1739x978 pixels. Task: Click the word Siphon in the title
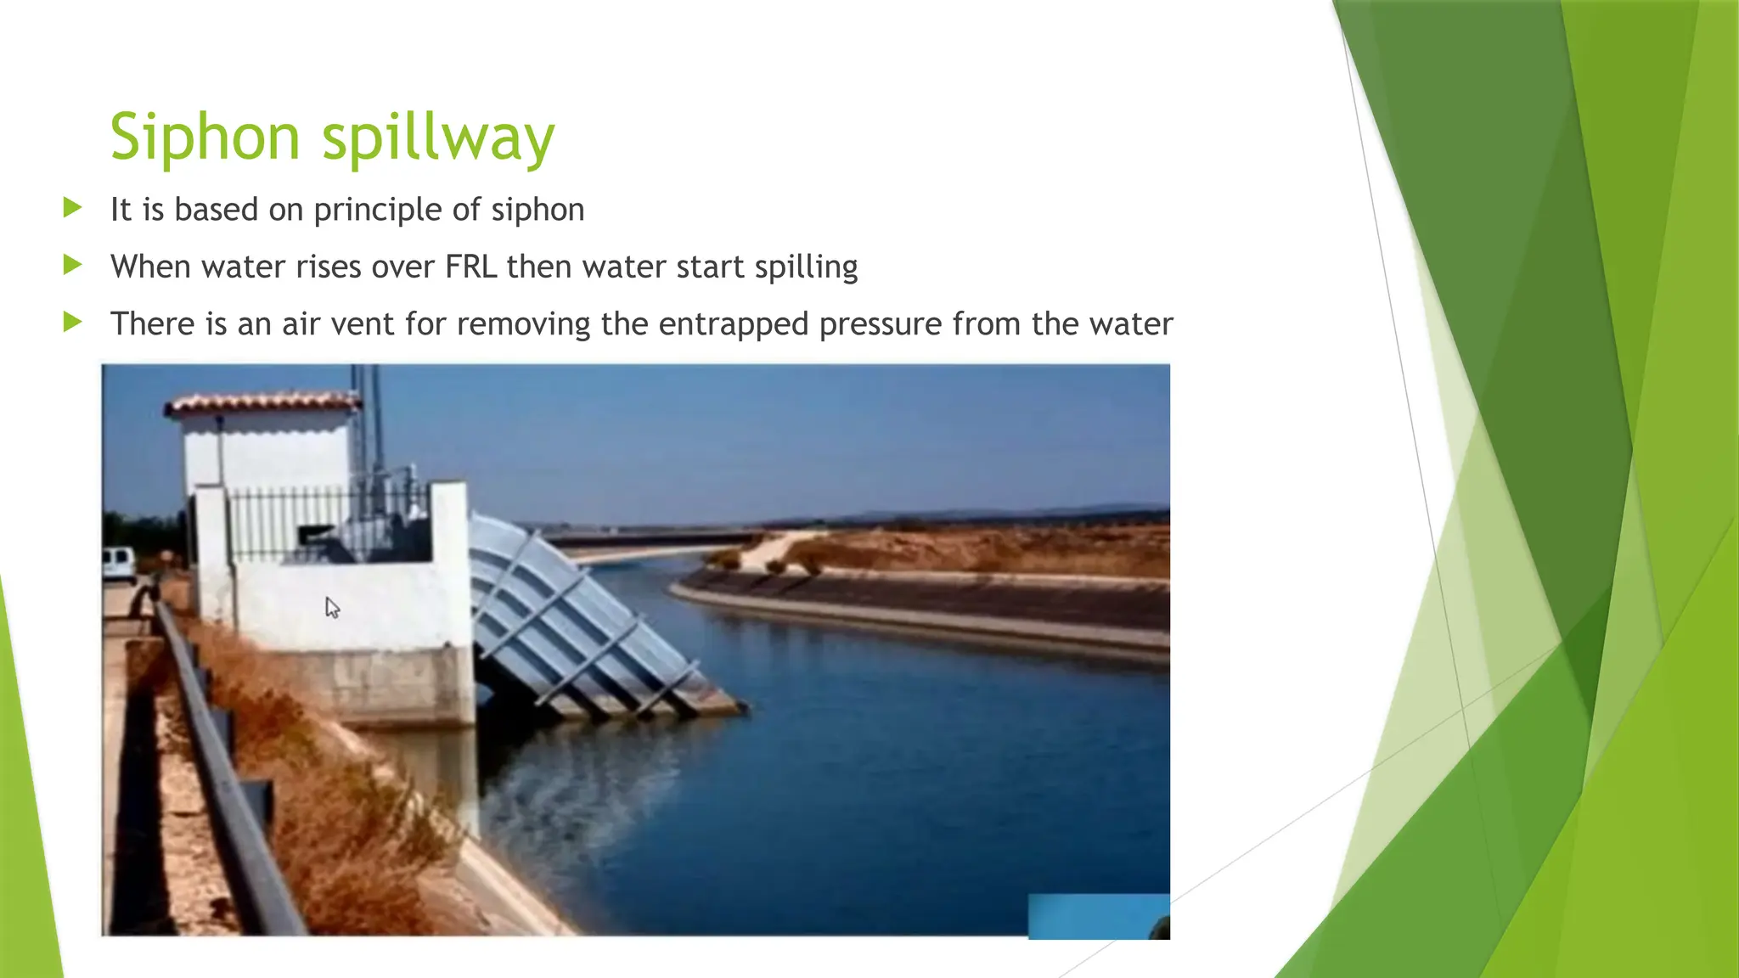(205, 138)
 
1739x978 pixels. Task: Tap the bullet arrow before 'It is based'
(72, 207)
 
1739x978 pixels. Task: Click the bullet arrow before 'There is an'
(72, 322)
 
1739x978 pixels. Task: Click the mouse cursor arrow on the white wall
(332, 607)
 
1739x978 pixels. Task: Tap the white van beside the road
(118, 563)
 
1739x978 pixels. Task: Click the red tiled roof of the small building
(263, 402)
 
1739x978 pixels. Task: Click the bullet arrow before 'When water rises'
(72, 265)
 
